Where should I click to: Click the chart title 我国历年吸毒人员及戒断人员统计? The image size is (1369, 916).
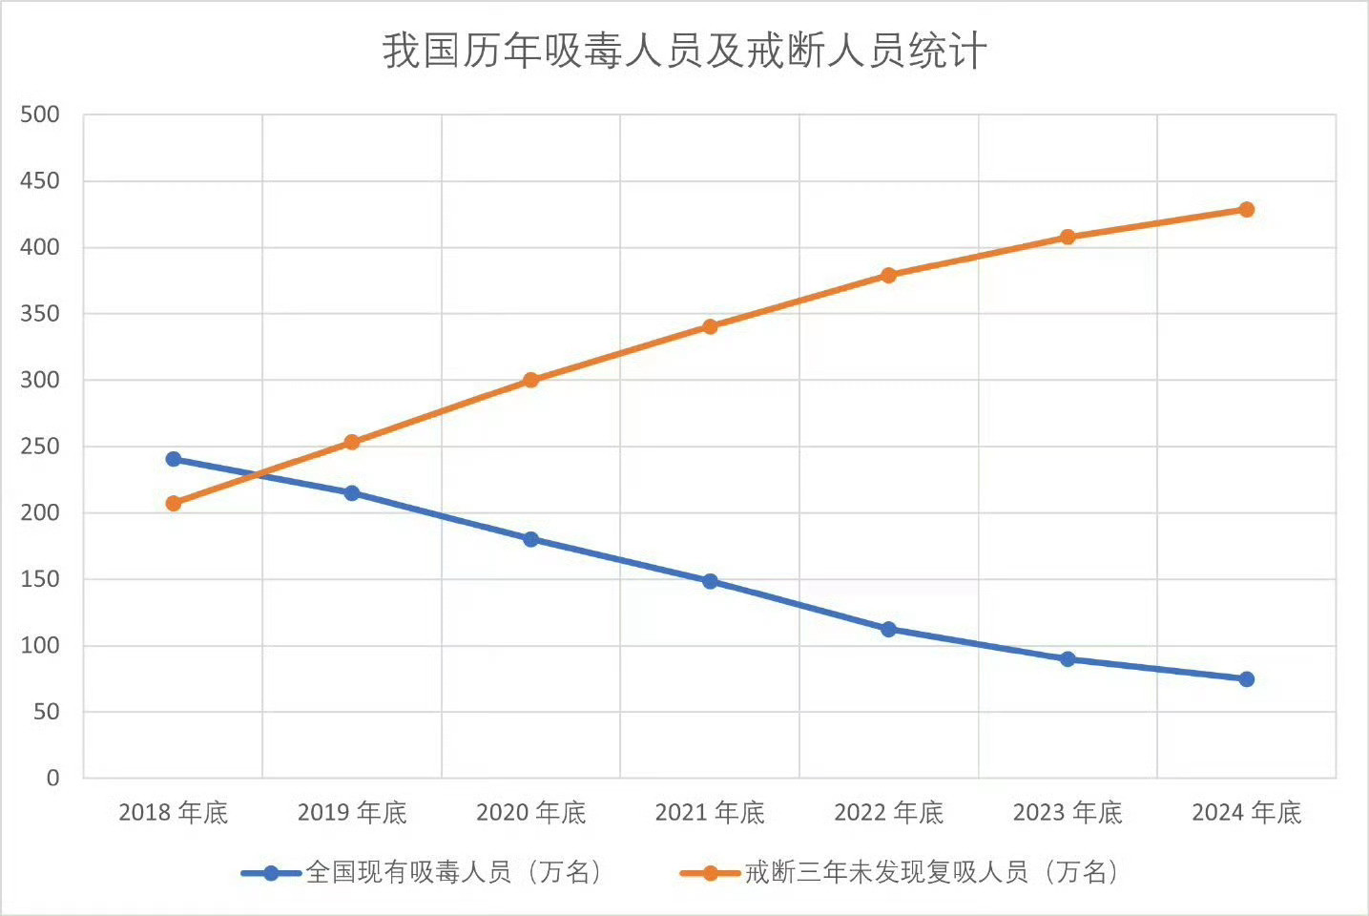(x=684, y=52)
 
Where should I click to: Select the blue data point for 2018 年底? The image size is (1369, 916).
(x=174, y=459)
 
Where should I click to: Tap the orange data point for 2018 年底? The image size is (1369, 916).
(x=174, y=503)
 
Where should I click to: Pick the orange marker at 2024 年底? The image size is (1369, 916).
(x=1246, y=210)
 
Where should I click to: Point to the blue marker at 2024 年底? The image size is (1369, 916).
(x=1246, y=679)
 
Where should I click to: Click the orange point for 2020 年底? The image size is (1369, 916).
(x=531, y=380)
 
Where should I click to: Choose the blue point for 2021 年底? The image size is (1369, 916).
(x=710, y=581)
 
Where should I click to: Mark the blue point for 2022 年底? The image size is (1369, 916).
(x=888, y=629)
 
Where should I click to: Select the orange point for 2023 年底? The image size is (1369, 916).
(x=1068, y=237)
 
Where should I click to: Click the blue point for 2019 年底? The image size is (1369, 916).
(x=352, y=493)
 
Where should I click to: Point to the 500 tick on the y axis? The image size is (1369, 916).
(x=40, y=114)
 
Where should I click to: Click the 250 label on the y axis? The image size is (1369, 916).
(x=40, y=447)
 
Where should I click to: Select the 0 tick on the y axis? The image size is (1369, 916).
(x=52, y=779)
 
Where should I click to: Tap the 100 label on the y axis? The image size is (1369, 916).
(x=40, y=646)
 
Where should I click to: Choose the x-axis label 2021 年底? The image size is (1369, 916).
(x=710, y=813)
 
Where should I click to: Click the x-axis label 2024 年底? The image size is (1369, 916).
(x=1246, y=813)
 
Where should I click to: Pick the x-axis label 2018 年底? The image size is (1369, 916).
(x=174, y=813)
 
